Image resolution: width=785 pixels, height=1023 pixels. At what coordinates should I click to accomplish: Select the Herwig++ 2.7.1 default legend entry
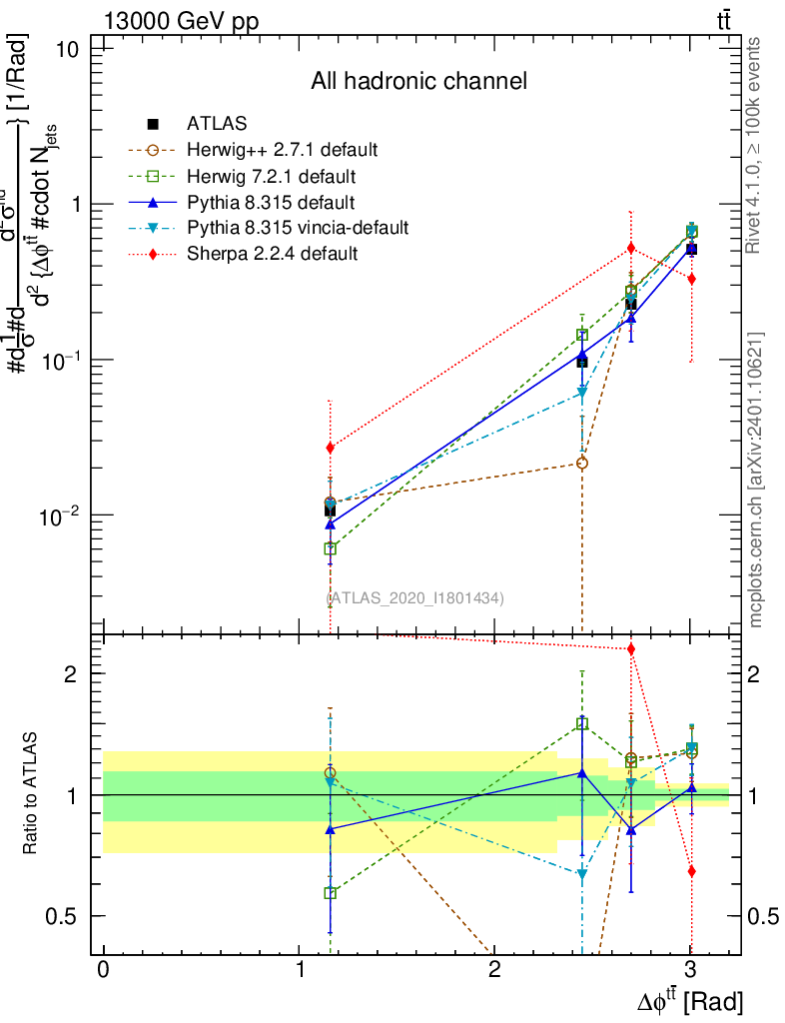[x=282, y=150]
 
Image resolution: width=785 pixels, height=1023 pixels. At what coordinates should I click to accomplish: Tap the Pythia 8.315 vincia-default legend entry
[x=297, y=228]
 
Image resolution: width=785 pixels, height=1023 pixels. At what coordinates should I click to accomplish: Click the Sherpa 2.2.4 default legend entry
[x=272, y=254]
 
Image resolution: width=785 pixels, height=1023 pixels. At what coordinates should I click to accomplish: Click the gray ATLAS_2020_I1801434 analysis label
[x=414, y=597]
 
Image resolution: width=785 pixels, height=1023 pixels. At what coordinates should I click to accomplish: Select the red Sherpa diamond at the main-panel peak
[x=631, y=248]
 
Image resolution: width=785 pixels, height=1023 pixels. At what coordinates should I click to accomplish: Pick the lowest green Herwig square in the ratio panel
[x=331, y=893]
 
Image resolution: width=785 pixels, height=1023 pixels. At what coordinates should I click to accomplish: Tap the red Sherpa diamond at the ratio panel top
[x=631, y=649]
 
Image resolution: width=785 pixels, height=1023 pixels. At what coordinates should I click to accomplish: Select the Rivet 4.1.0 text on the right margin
[x=756, y=145]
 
